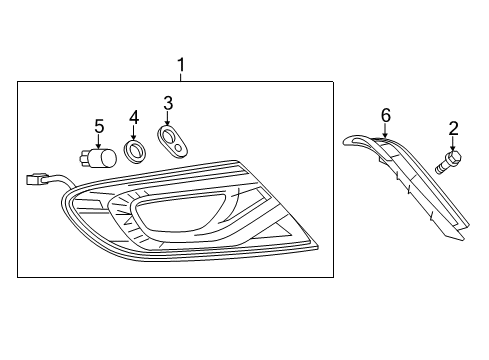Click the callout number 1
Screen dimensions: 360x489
click(181, 67)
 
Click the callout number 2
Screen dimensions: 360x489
click(453, 128)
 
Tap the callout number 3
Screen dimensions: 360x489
click(168, 102)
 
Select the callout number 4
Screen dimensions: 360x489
click(133, 117)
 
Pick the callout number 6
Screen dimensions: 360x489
click(385, 115)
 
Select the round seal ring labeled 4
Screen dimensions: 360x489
click(133, 152)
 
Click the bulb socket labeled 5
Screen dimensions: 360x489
click(97, 157)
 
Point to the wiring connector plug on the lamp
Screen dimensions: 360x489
click(37, 181)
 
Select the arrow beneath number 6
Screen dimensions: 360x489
click(385, 131)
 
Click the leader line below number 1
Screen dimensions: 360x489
click(181, 78)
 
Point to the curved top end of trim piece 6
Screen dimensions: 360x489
click(351, 141)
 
